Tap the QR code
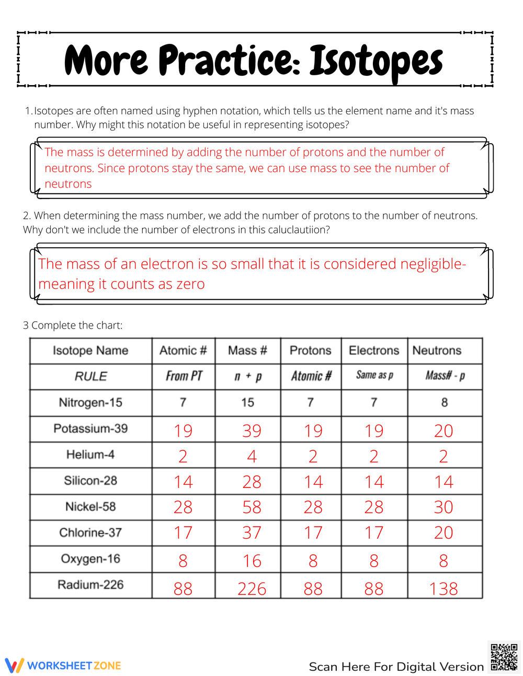coord(504,657)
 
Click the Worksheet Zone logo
coord(63,665)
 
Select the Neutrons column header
coord(437,351)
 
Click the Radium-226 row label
coord(90,585)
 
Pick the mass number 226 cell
coord(252,589)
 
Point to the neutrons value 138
coord(444,589)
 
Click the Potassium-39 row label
coord(90,428)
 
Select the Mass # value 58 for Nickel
coord(252,507)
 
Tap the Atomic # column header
coord(183,351)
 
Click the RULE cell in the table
coord(90,376)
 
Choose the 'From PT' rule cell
coord(184,376)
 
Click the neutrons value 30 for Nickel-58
coord(444,507)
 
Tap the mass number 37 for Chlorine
coord(252,533)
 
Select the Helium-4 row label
coord(90,454)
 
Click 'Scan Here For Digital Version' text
coord(396,667)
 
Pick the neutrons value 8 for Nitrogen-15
coord(444,402)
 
